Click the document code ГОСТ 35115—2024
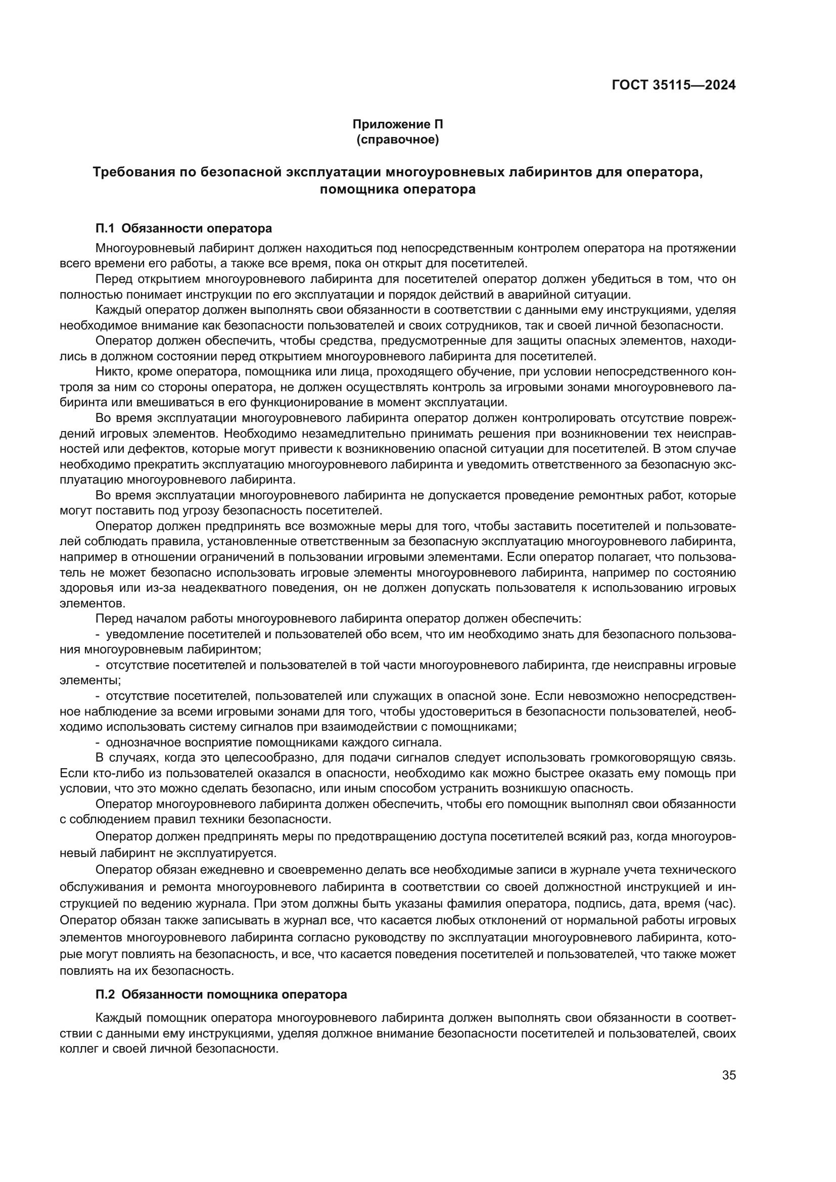click(x=673, y=85)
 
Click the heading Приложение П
click(x=397, y=124)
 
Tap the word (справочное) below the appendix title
click(x=397, y=139)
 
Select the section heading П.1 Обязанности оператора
click(x=184, y=228)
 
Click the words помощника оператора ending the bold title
click(x=397, y=190)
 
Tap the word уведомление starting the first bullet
click(x=137, y=634)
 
